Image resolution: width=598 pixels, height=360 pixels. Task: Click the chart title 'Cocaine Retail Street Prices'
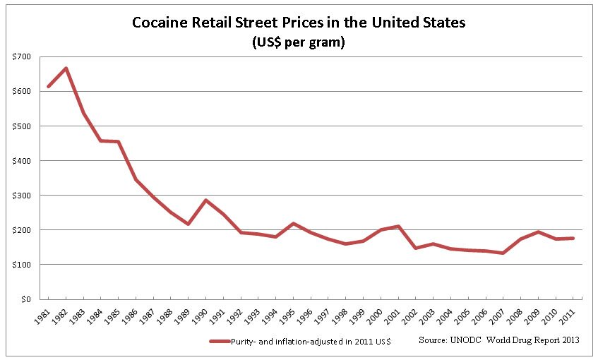click(299, 23)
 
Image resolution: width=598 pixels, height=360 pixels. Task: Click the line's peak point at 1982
click(65, 68)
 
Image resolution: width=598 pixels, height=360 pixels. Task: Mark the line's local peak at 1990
click(205, 200)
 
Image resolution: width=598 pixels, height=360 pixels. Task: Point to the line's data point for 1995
click(294, 224)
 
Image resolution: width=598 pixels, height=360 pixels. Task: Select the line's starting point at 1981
click(47, 87)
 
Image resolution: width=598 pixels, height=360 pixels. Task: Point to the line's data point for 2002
click(416, 248)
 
